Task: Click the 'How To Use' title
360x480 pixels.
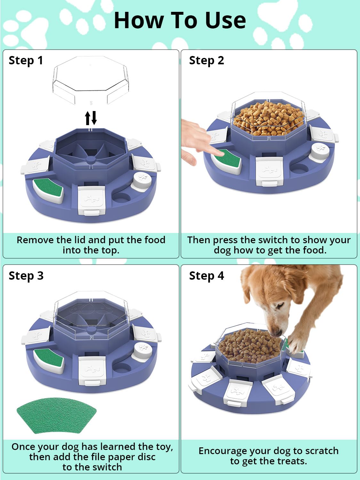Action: pos(180,20)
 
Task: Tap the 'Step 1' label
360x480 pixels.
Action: pos(26,60)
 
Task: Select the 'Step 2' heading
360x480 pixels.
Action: pos(206,60)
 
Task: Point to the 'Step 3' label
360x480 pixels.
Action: pos(26,276)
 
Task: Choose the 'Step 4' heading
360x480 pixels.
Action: pos(206,276)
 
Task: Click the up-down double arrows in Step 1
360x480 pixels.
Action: pos(91,118)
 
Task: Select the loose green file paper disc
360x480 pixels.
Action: pos(56,415)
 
